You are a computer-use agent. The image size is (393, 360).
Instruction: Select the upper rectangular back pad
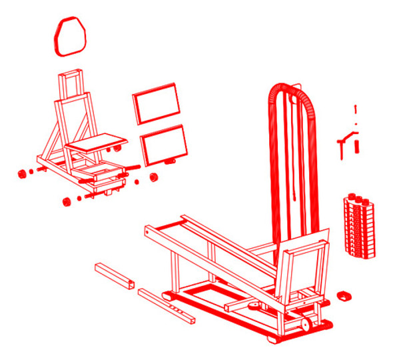(157, 103)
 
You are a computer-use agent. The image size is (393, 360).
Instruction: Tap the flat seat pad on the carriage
(97, 142)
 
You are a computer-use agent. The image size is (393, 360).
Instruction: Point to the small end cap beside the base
(344, 295)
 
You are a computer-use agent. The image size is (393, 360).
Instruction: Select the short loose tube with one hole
(115, 275)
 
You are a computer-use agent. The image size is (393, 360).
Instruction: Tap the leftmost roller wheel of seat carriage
(21, 174)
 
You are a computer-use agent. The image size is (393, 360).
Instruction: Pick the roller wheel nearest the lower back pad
(154, 177)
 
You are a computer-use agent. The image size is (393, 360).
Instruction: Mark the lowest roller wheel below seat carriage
(67, 202)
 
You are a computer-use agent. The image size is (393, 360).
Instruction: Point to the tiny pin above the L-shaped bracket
(356, 109)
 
